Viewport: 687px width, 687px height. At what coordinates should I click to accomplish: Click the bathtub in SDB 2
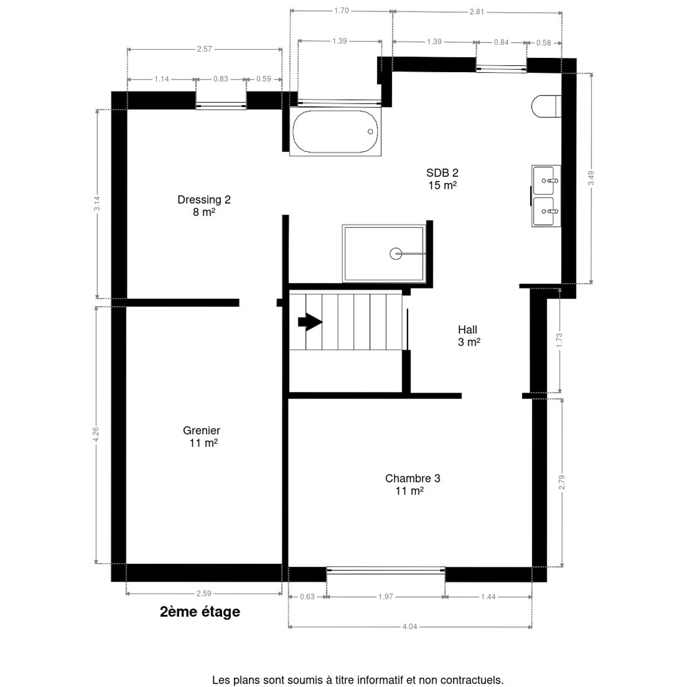335,132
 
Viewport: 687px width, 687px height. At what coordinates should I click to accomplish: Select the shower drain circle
396,252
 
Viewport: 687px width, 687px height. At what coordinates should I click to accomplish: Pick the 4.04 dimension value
410,626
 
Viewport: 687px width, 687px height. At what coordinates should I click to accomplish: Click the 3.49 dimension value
591,178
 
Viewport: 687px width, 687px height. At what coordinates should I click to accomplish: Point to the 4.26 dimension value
96,433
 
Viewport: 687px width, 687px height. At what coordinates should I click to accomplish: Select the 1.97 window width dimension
386,597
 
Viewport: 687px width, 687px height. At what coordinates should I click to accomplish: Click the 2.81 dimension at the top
477,11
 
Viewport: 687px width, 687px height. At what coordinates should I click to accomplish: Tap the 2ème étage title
200,612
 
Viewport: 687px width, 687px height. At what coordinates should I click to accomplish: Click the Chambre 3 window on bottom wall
386,570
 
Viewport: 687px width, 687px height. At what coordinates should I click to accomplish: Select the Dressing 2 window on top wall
221,105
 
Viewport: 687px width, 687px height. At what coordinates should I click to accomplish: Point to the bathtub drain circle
370,132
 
